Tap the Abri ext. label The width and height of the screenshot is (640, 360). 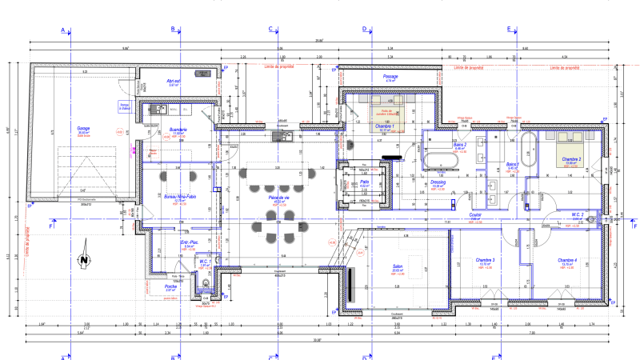pos(173,81)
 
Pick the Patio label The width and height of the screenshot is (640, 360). pos(364,182)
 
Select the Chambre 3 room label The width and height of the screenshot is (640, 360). pos(486,261)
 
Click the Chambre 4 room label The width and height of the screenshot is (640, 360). pos(568,261)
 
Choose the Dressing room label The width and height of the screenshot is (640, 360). pos(438,182)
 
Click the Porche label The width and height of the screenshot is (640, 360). pos(170,286)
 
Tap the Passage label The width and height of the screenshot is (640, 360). pos(390,77)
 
